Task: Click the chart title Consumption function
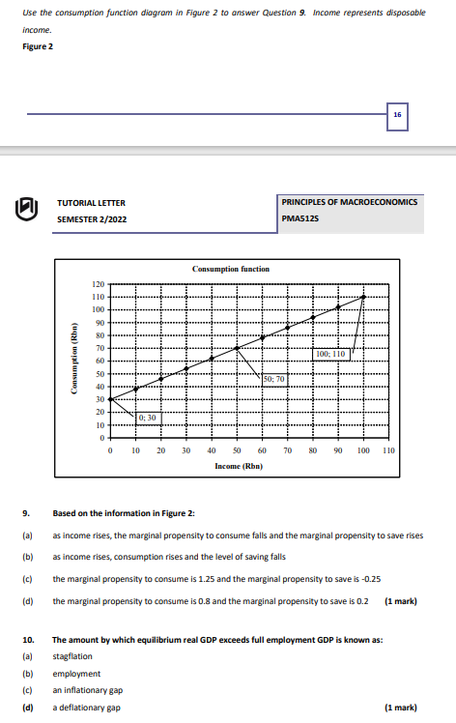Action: point(231,269)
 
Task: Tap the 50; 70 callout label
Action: point(273,379)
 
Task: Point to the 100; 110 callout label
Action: point(330,355)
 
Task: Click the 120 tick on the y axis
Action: point(98,284)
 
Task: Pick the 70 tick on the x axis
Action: point(288,451)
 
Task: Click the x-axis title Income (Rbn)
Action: point(238,466)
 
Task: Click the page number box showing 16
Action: point(397,114)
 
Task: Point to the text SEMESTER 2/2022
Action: point(92,219)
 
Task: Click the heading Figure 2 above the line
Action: point(38,46)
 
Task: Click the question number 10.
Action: point(28,640)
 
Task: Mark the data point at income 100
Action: point(363,297)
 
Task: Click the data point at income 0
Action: point(110,399)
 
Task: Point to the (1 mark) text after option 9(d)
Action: point(401,601)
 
